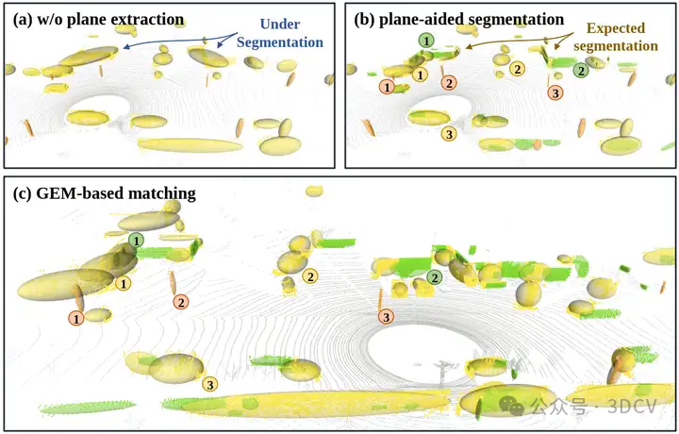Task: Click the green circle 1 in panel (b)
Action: tap(427, 41)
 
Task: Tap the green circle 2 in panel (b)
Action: tap(581, 70)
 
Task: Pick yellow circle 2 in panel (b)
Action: tap(517, 69)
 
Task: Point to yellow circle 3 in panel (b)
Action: tap(449, 134)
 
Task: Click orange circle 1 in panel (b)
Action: tap(386, 87)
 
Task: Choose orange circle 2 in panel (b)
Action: tap(449, 84)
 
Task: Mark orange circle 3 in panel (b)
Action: tap(555, 92)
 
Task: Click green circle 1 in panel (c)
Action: tap(138, 242)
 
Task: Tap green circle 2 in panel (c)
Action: tap(434, 277)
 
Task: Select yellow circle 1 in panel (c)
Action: tap(123, 282)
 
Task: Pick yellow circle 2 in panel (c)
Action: tap(311, 275)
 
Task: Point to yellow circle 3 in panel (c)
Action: tap(209, 383)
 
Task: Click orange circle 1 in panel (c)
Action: tap(76, 319)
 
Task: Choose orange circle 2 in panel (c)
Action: tap(180, 302)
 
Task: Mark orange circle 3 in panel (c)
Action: tap(386, 317)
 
